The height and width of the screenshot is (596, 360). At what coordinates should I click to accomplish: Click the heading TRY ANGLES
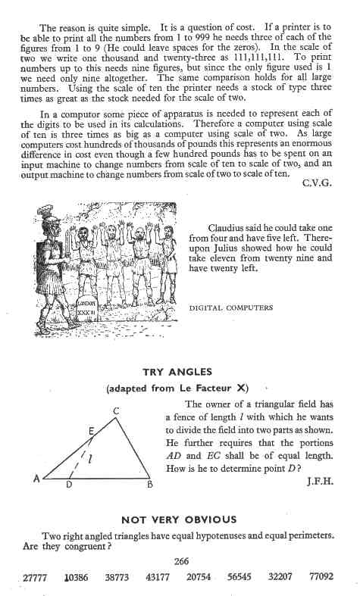pos(180,372)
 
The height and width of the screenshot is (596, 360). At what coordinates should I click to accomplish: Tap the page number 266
pos(181,561)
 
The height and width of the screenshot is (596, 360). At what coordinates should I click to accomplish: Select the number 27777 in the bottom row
pos(36,577)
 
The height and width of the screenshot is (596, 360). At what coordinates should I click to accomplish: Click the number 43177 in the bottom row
pos(158,577)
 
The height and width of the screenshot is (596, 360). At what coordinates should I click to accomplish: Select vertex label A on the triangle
pos(36,479)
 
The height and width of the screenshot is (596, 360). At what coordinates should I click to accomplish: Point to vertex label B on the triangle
pos(150,485)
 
